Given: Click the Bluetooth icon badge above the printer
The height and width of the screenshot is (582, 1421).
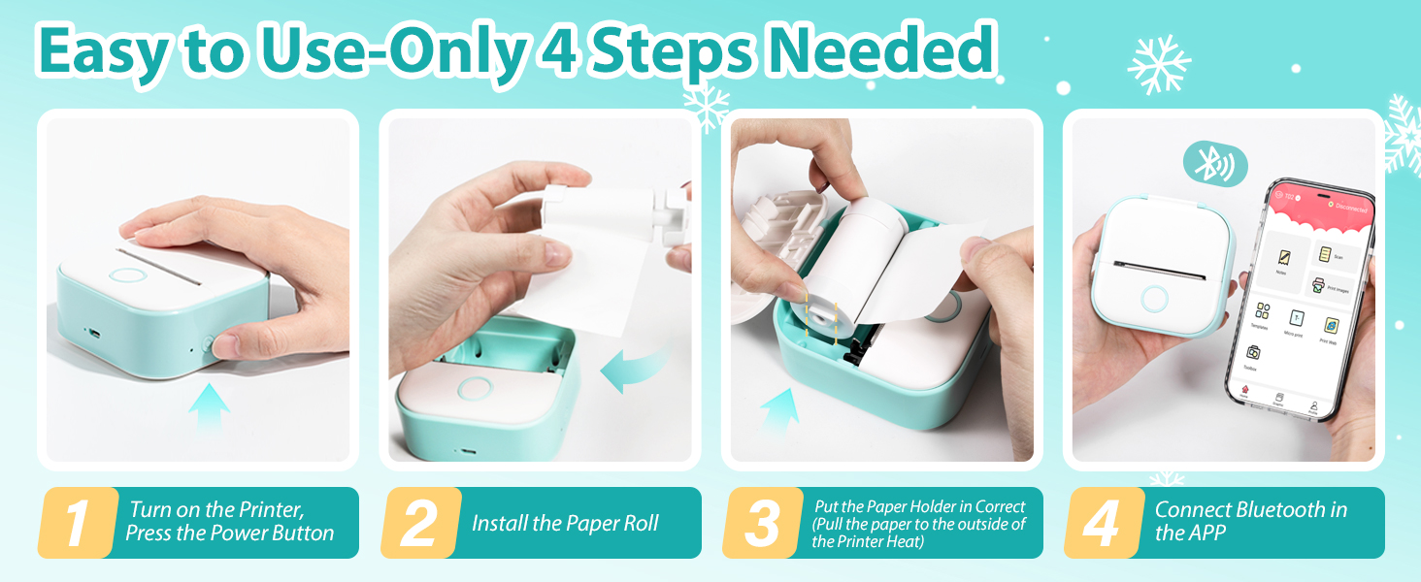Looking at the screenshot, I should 1214,166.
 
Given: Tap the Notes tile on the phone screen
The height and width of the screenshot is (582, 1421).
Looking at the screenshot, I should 1281,261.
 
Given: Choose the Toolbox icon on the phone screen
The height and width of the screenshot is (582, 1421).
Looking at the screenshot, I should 1253,355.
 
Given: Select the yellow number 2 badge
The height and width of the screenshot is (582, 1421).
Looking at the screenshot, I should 419,524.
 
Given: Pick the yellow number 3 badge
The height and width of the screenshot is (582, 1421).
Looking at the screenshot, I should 761,524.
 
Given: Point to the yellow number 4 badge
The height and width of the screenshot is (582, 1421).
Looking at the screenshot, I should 1103,524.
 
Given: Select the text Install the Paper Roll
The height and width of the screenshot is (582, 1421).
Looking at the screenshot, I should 565,524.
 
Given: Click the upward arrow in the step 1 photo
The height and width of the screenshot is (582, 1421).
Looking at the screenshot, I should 208,407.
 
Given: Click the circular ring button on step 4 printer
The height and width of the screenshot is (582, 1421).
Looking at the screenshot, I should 1154,298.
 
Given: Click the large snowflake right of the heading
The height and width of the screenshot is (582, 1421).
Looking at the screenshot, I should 1158,65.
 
